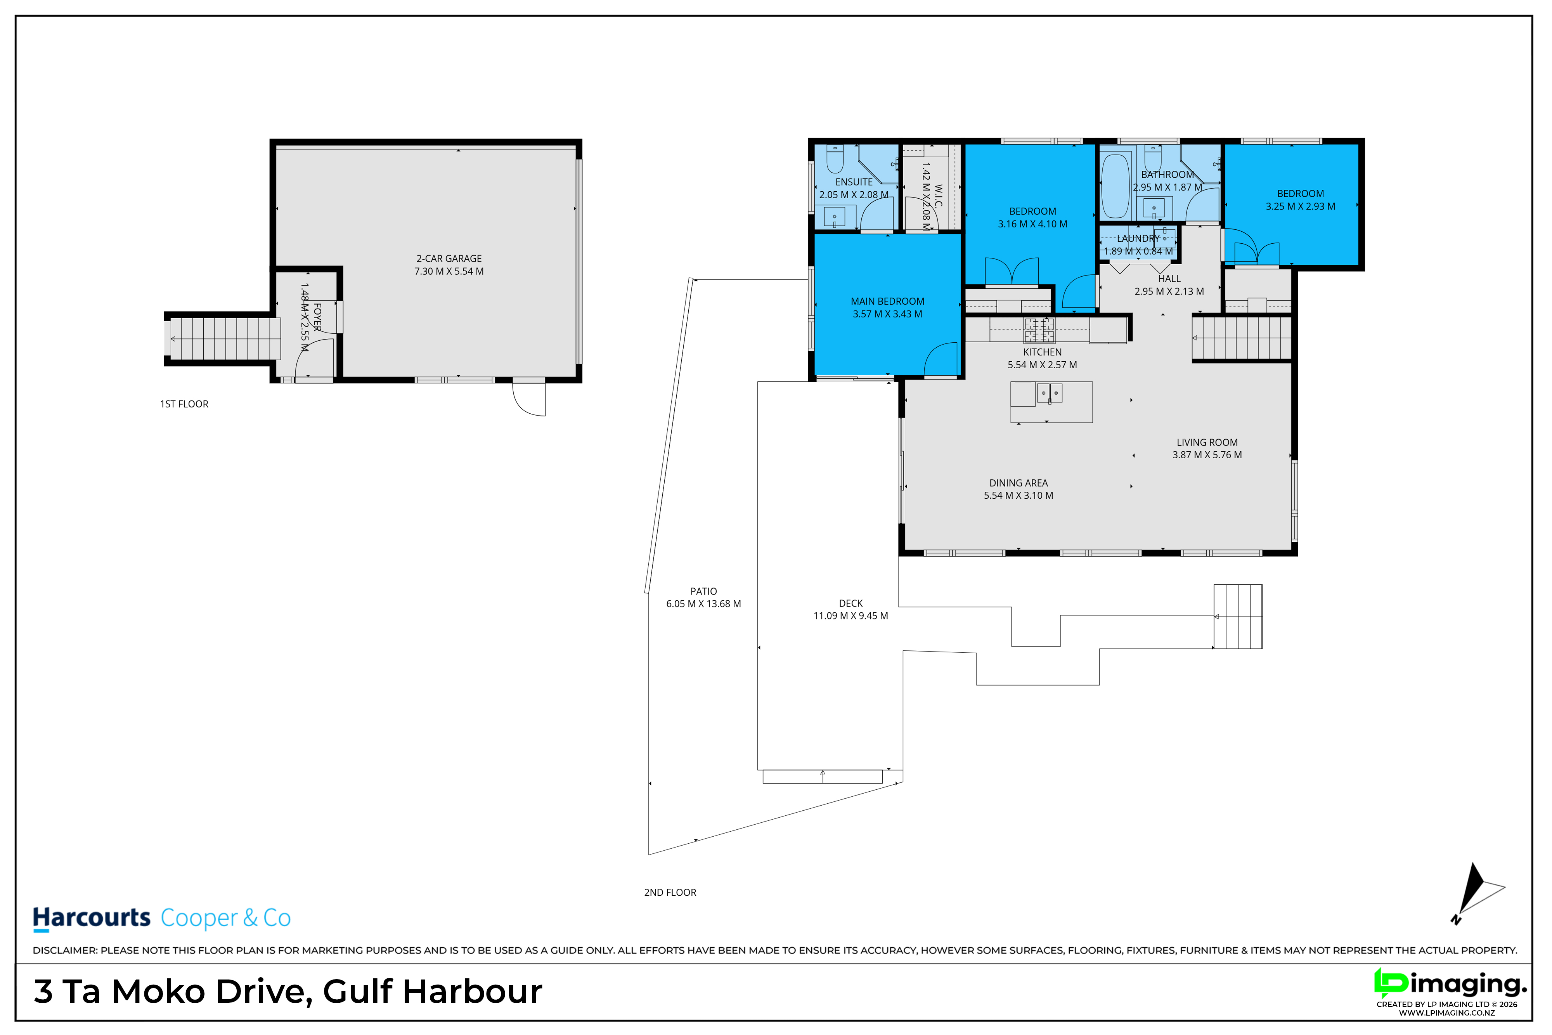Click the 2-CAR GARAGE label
tap(449, 259)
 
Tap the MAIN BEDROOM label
tap(887, 302)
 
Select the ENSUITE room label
tap(854, 182)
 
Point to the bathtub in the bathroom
tap(1115, 186)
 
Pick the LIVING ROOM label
tap(1207, 443)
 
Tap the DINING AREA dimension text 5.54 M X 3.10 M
tap(1018, 496)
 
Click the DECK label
tap(850, 603)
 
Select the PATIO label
tap(703, 591)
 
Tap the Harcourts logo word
tap(92, 917)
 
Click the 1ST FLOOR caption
tap(184, 404)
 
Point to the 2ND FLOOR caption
tap(670, 893)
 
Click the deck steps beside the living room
tap(1238, 617)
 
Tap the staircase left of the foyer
tap(223, 339)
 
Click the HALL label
tap(1169, 279)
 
